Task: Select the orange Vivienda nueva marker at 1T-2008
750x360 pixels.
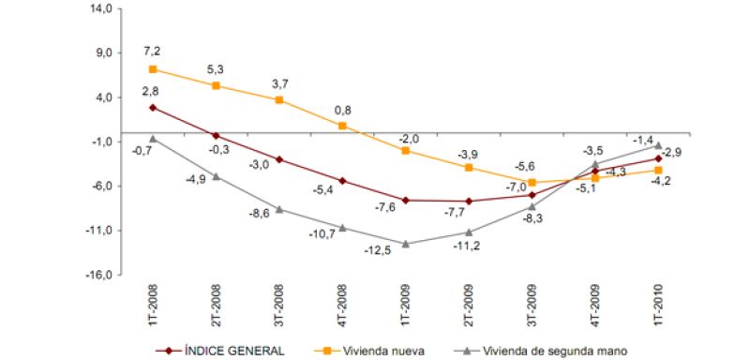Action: [152, 69]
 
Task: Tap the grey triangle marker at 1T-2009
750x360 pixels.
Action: [405, 244]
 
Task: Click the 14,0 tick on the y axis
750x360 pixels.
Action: [99, 8]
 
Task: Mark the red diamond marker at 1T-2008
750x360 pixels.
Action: [152, 108]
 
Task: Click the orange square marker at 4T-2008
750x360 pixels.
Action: [342, 126]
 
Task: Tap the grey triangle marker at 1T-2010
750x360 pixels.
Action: [658, 146]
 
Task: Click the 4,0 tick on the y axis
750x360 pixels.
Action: [101, 97]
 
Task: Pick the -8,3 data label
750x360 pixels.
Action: [532, 217]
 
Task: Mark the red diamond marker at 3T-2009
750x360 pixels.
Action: [532, 194]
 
